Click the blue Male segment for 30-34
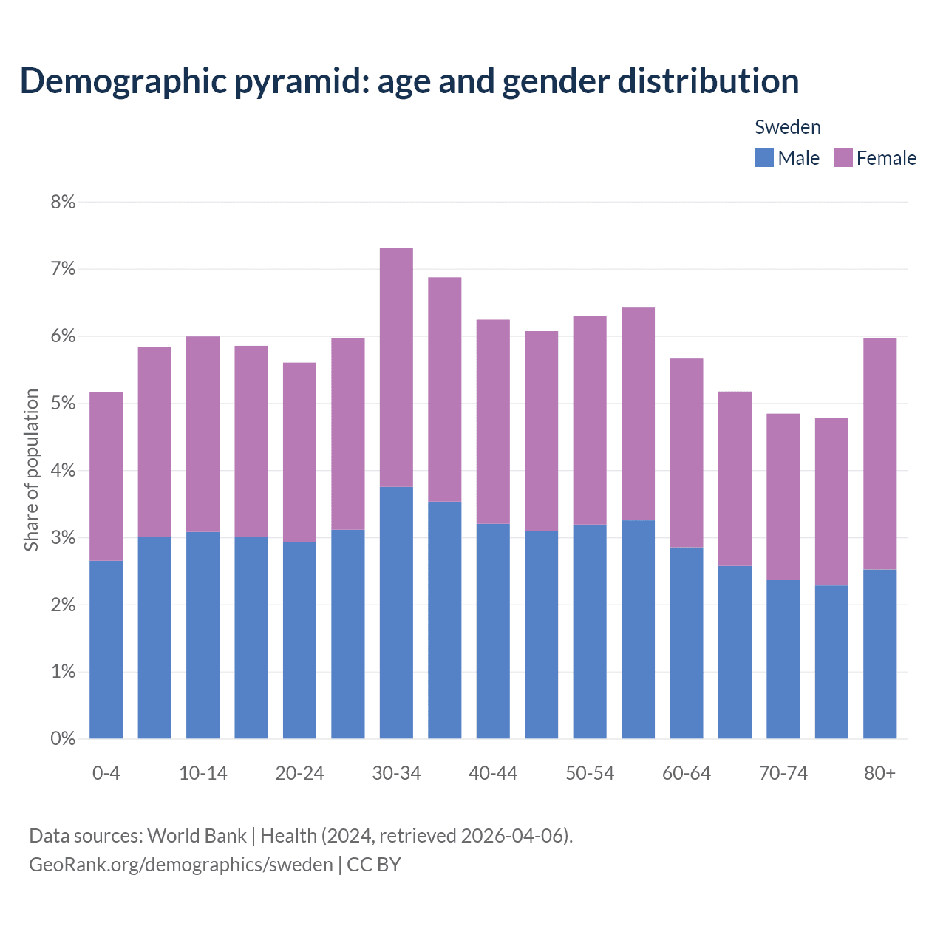click(396, 613)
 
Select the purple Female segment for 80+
click(879, 454)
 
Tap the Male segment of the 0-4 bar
click(106, 650)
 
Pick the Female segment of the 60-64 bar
click(687, 453)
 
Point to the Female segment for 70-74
click(783, 497)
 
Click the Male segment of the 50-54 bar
click(590, 631)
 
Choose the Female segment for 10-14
click(203, 434)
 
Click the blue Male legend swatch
click(763, 157)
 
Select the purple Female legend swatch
click(843, 157)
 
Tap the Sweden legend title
click(787, 127)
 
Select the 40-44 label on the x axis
click(493, 773)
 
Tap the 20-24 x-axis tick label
click(299, 773)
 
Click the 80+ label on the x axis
click(879, 773)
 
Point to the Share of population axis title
click(31, 470)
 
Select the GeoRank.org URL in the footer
click(181, 864)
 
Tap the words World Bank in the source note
click(197, 836)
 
